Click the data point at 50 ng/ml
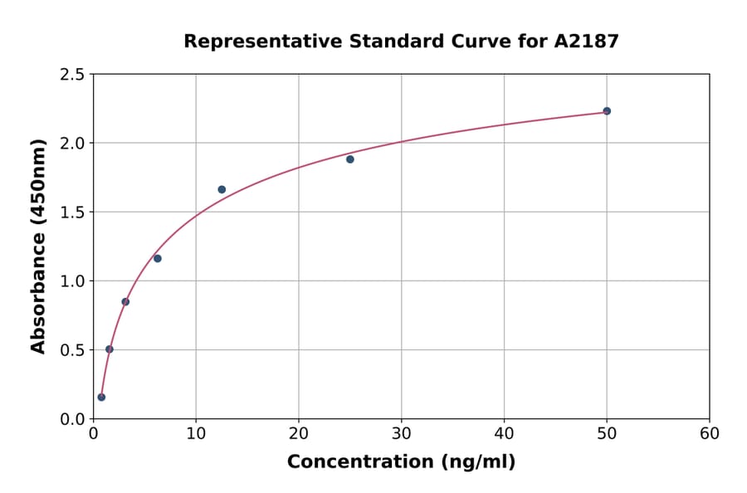point(607,111)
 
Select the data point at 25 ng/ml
point(350,159)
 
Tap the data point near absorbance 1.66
point(222,189)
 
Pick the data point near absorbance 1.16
point(158,258)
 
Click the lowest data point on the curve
point(101,397)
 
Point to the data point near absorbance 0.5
point(110,349)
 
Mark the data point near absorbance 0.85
point(125,301)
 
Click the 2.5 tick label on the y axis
point(72,75)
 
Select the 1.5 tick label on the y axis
point(72,212)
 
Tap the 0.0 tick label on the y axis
point(72,419)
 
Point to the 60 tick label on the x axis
point(710,433)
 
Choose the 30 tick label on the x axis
point(402,433)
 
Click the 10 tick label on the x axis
point(196,433)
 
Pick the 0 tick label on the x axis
point(94,433)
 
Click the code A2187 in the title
point(586,41)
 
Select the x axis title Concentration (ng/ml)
point(401,462)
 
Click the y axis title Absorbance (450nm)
point(38,246)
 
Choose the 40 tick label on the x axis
point(504,433)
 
